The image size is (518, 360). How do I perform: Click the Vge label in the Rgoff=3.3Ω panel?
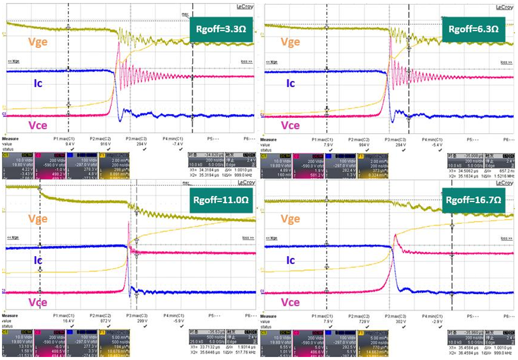[x=38, y=42]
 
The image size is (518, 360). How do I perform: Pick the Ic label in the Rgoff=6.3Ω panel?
[x=290, y=83]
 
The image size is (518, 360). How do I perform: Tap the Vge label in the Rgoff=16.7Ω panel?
[x=291, y=219]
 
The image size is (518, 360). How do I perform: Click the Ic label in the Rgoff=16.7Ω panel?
[x=290, y=261]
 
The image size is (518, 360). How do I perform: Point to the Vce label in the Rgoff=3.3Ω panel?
[x=38, y=126]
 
